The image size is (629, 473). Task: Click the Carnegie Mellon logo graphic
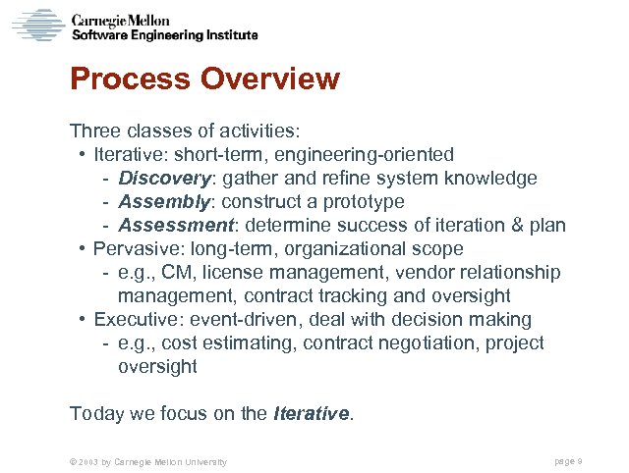[37, 25]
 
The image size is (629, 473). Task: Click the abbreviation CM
[184, 273]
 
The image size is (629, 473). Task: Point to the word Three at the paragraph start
[94, 131]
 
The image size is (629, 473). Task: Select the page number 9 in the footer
[581, 461]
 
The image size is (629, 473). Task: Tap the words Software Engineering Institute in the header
[165, 35]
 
